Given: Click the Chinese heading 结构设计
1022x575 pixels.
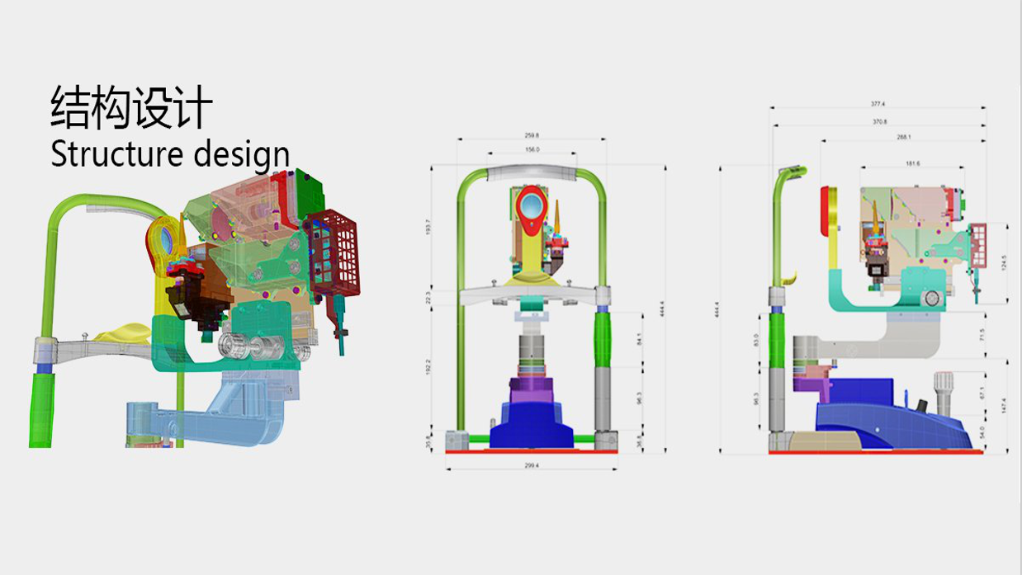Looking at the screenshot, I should pos(131,108).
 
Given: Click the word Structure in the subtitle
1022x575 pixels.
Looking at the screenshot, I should pos(116,154).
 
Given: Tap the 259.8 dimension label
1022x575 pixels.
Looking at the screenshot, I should pos(532,135).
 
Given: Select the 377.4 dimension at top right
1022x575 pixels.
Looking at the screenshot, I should pos(878,105).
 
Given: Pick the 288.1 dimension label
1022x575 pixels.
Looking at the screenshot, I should pos(903,137).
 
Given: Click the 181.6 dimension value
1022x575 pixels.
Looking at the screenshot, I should pos(912,163).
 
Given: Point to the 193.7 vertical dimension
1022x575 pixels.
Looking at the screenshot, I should pos(427,226).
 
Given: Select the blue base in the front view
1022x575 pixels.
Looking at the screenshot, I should pos(532,425).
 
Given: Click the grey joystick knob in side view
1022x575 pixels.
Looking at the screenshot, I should pos(943,384).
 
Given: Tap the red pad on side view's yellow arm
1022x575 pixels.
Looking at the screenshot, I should pos(824,210).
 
